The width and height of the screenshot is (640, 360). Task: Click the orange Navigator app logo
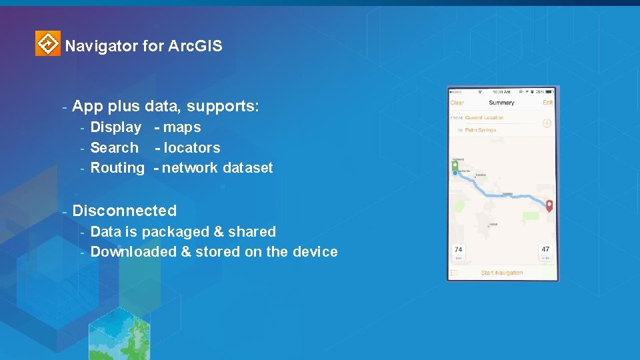coord(47,44)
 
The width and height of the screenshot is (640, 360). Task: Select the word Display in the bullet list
coord(115,127)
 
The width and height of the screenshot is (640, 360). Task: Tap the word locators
coord(191,148)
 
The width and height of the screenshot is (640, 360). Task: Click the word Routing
coord(117,168)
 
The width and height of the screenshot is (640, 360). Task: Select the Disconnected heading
coord(124,211)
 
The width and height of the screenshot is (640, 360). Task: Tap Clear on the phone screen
coord(457,103)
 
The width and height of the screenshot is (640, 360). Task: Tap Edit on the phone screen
coord(547,103)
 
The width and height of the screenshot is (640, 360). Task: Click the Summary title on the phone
coord(501,103)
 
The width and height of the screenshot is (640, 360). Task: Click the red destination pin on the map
coord(549,205)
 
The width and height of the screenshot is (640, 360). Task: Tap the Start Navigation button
coord(502,273)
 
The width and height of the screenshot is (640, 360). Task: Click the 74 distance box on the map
coord(458,252)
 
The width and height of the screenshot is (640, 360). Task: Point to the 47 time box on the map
coord(545,252)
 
